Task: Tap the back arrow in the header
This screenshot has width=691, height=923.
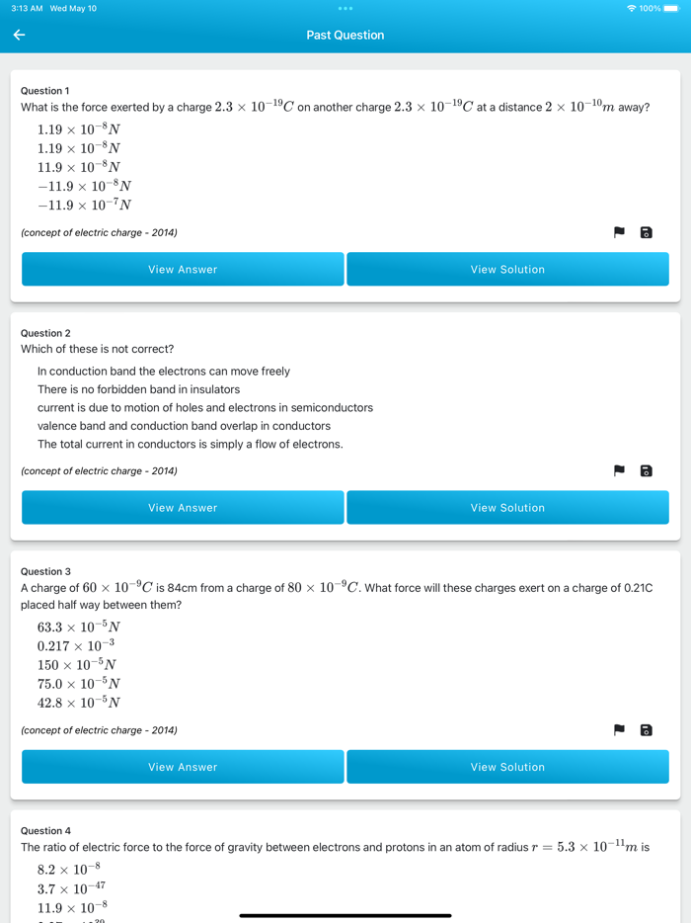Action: (19, 35)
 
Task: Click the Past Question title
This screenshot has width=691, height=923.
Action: (345, 35)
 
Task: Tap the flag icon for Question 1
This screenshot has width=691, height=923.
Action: (619, 232)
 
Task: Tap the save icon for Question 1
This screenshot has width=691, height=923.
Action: (647, 232)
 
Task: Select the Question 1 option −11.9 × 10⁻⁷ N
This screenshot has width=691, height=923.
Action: (84, 206)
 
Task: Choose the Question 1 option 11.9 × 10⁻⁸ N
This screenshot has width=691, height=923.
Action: (79, 167)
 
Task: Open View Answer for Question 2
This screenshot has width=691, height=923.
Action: (183, 508)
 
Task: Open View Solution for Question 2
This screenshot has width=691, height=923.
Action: (507, 508)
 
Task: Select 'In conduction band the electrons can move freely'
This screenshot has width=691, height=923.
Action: (164, 372)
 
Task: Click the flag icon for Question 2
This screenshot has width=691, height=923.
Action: (619, 470)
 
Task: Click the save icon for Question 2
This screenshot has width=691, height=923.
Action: (647, 470)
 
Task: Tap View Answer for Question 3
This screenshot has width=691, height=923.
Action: (183, 767)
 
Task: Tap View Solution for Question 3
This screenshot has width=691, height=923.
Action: (507, 767)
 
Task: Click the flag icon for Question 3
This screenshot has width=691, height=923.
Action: (619, 730)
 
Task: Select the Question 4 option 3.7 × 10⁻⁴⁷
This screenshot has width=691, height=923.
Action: (71, 888)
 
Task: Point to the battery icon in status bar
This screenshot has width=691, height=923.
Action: (671, 9)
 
